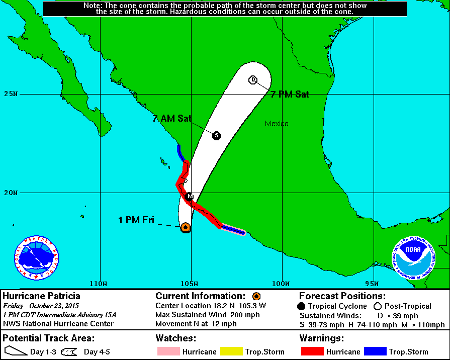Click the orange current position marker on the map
coord(186,227)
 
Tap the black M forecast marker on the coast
coord(190,197)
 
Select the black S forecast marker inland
coord(217,135)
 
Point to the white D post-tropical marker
coord(253,80)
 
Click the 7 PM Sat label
coord(290,94)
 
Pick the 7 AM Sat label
coord(172,119)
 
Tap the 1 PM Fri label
coord(136,220)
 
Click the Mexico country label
coord(277,124)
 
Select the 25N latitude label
coord(11,94)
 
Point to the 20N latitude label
coord(11,193)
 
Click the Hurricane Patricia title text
coord(42,296)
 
